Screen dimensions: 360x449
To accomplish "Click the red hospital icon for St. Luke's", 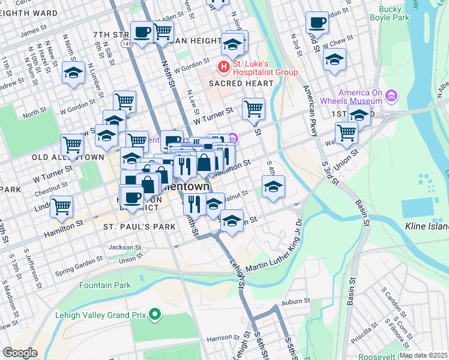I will (223, 66).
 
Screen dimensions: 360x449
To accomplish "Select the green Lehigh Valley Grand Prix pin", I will (155, 314).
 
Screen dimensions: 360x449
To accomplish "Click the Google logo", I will (20, 353).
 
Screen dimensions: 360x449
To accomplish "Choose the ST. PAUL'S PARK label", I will (139, 227).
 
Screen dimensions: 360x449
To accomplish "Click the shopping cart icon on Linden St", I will (61, 206).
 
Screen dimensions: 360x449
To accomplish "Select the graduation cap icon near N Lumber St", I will (73, 73).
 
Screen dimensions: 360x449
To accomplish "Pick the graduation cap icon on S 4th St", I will (273, 187).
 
